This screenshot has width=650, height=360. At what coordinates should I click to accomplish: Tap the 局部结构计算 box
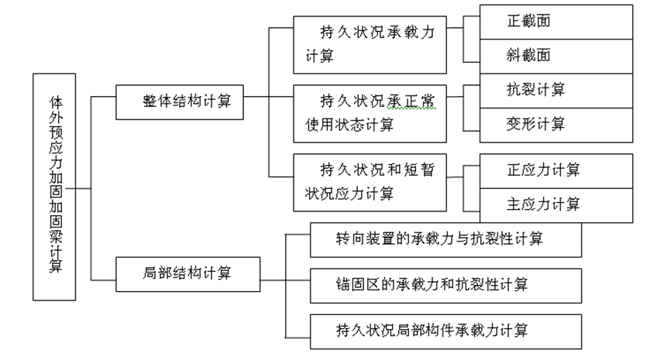(x=187, y=273)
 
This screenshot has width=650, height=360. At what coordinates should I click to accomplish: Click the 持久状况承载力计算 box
(x=370, y=45)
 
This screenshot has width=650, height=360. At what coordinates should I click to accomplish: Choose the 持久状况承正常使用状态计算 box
(x=370, y=113)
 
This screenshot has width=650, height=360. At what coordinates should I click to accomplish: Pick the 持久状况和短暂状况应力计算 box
(x=370, y=182)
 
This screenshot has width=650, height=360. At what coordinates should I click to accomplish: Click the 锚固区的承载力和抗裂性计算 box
(x=445, y=284)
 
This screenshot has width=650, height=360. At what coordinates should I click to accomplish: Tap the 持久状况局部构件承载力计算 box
(x=445, y=330)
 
